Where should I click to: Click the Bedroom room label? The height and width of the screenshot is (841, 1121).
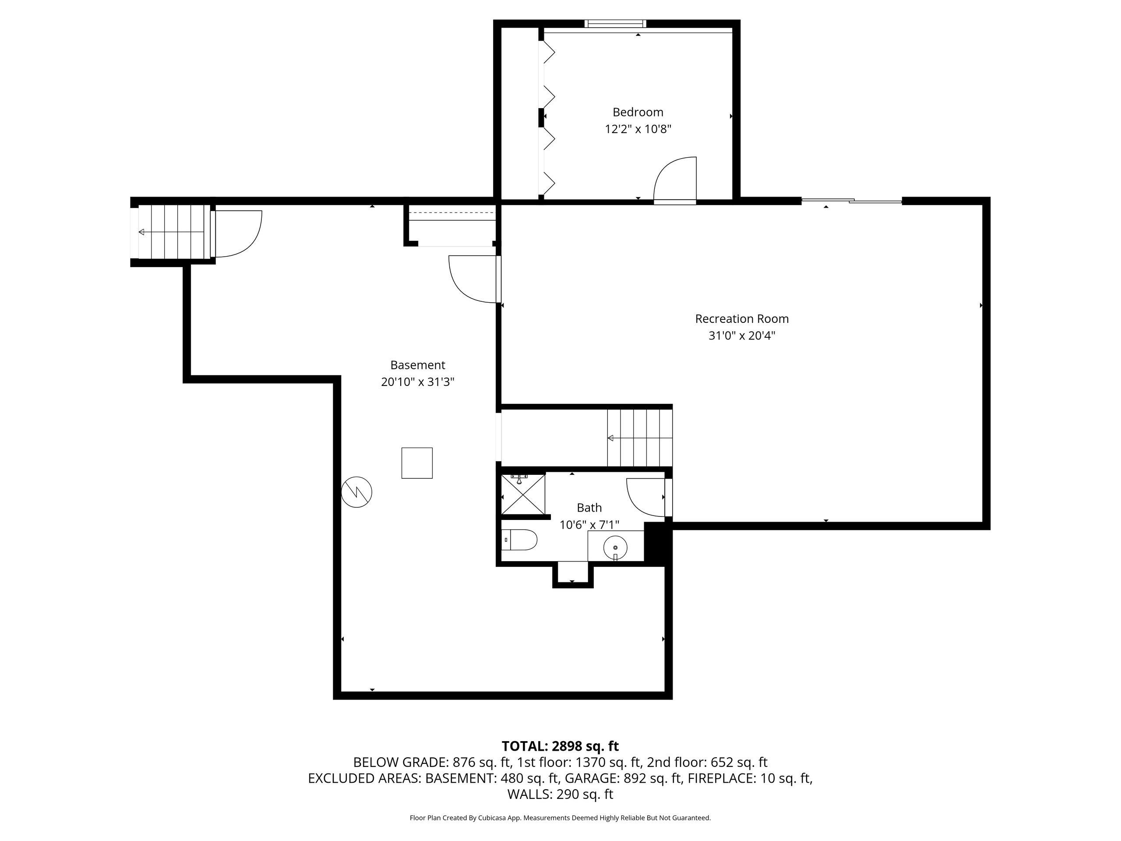[x=638, y=112]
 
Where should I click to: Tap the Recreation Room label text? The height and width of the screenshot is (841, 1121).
[x=742, y=319]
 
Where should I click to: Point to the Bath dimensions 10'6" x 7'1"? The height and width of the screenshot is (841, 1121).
[x=589, y=525]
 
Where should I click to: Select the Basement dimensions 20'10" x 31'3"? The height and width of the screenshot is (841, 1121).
[x=418, y=382]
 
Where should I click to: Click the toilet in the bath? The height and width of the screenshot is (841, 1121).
[x=519, y=540]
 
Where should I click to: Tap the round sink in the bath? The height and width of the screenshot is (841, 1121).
[x=615, y=548]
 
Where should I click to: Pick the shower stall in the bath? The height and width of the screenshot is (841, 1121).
[x=523, y=494]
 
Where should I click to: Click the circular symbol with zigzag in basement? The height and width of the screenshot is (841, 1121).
[x=357, y=492]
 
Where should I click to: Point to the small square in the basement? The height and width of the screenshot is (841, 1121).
[x=417, y=463]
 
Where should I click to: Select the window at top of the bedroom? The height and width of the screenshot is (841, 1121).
[x=615, y=23]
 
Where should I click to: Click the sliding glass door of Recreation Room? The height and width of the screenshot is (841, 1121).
[x=851, y=201]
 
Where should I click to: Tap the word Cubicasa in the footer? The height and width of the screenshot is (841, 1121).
[x=490, y=818]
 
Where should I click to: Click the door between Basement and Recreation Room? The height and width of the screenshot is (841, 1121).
[x=474, y=279]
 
